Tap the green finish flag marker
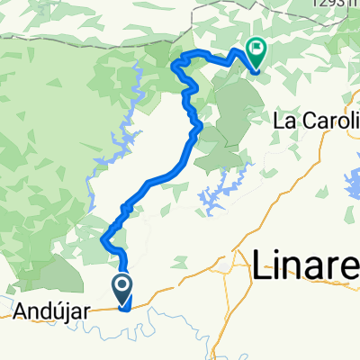pos(255,54)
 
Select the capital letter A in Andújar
pos(21,312)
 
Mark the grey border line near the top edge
pos(90,36)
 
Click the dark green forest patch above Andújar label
pos(45,274)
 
